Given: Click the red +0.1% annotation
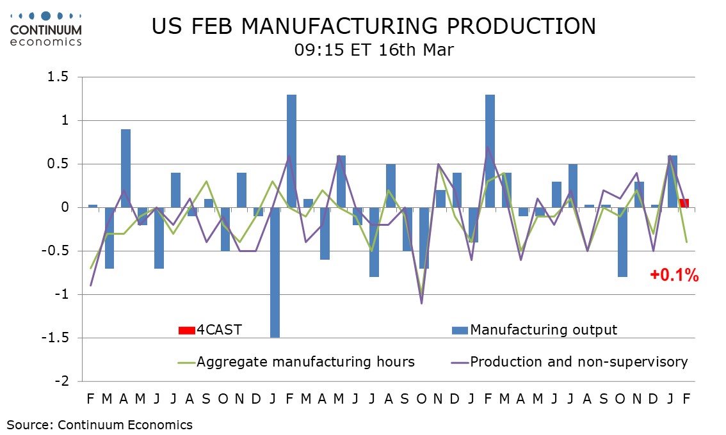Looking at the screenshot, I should pyautogui.click(x=674, y=276).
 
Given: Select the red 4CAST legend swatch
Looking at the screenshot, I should pyautogui.click(x=186, y=330).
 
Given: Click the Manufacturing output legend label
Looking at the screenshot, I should pyautogui.click(x=544, y=330).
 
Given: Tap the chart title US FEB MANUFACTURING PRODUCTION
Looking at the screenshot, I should pyautogui.click(x=373, y=26).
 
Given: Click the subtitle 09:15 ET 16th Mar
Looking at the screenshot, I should pyautogui.click(x=374, y=49).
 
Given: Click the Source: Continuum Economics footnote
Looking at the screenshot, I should pyautogui.click(x=99, y=424).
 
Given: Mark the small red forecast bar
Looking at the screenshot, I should pyautogui.click(x=684, y=203).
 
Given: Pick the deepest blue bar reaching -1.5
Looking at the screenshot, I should pyautogui.click(x=275, y=272).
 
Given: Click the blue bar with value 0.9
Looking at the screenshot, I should pyautogui.click(x=126, y=168).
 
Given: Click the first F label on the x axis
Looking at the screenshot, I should pyautogui.click(x=90, y=399).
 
